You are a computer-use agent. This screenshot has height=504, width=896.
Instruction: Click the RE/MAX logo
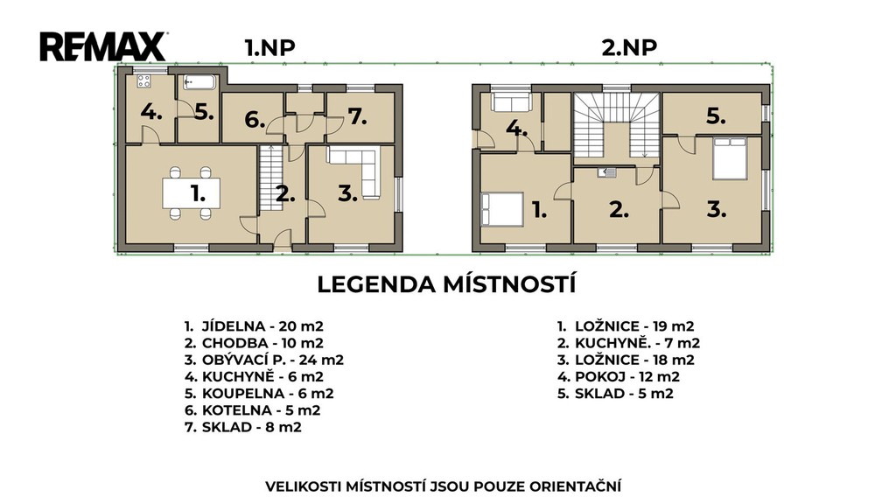point(103,46)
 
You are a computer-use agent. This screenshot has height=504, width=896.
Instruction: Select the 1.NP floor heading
point(269,47)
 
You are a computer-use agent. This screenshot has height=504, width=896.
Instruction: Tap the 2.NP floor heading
point(628,47)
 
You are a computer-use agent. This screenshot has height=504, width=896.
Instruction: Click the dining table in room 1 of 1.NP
point(191,193)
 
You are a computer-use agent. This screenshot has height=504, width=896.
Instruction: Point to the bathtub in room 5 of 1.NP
point(199,82)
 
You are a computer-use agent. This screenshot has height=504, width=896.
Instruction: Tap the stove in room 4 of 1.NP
point(144,81)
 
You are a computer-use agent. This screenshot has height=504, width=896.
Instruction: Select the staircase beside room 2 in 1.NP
point(271,178)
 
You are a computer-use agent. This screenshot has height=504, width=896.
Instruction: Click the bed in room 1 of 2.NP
point(502,209)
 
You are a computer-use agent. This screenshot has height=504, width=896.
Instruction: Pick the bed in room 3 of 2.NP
point(730,158)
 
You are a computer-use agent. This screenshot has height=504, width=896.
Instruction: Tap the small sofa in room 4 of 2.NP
point(511,102)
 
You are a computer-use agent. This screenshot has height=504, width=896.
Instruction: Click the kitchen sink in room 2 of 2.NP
point(607,172)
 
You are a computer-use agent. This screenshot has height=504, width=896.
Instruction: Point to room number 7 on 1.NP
point(357,116)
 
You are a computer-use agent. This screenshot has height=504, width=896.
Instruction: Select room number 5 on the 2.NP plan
point(716,116)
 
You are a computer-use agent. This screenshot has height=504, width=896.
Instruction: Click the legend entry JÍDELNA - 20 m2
point(254,326)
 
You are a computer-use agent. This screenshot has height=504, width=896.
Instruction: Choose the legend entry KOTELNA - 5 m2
point(252,410)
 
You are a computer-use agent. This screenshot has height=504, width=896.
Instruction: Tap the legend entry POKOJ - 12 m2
point(619,376)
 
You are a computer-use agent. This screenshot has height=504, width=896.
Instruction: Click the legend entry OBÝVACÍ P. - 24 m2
point(264,360)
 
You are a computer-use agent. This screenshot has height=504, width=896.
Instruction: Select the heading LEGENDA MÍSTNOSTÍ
point(446,284)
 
